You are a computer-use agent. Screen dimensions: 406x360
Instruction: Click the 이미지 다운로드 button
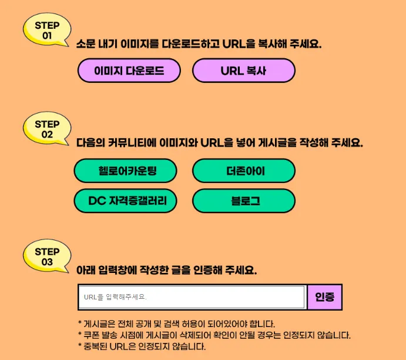coord(129,71)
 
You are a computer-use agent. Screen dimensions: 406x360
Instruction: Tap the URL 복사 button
coord(243,71)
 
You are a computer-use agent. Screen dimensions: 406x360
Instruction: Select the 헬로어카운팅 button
coord(125,171)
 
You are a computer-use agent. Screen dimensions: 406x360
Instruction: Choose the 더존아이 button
coord(243,171)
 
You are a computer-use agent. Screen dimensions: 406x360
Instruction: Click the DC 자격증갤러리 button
coord(125,201)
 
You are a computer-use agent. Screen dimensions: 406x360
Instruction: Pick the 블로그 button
coord(243,201)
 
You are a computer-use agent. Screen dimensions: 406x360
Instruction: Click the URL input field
coord(192,297)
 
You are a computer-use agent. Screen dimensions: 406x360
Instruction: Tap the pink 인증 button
coord(324,297)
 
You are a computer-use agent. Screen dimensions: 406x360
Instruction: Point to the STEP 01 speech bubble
coord(47,30)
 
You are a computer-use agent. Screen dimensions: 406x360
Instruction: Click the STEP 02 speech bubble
coord(47,129)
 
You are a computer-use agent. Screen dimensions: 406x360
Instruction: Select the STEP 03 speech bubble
coord(47,257)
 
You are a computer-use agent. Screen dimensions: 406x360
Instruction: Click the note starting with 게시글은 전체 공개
coord(176,324)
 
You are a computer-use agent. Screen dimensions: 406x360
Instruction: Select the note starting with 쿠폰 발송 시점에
coord(214,335)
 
